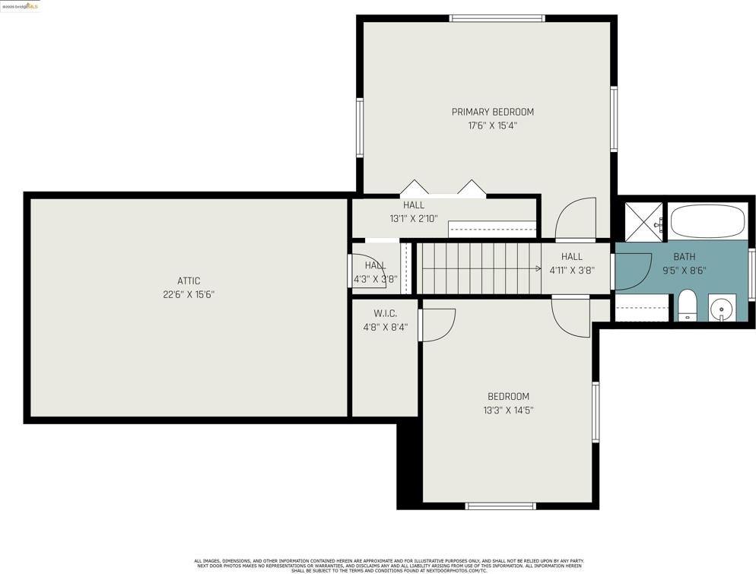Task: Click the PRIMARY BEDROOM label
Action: pyautogui.click(x=492, y=112)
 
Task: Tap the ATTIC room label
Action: pyautogui.click(x=189, y=281)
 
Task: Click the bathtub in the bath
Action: pyautogui.click(x=707, y=220)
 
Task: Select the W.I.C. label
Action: pyautogui.click(x=385, y=314)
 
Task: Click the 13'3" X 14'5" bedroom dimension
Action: pyautogui.click(x=508, y=411)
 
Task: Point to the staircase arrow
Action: pyautogui.click(x=479, y=268)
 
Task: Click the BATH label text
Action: pyautogui.click(x=684, y=257)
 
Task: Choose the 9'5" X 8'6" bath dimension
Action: pyautogui.click(x=684, y=270)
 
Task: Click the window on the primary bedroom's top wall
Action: pyautogui.click(x=497, y=18)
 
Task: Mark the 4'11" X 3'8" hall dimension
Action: pyautogui.click(x=571, y=270)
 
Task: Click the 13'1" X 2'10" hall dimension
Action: pyautogui.click(x=413, y=219)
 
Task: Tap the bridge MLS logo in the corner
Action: pyautogui.click(x=21, y=6)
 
